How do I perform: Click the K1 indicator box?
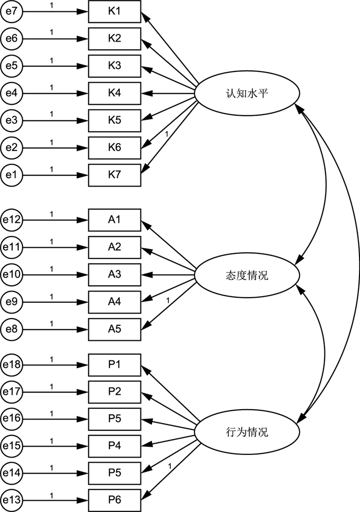(x=114, y=11)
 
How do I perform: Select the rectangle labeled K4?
(x=114, y=93)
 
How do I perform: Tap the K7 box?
(x=114, y=175)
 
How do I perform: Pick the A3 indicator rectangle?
(x=114, y=274)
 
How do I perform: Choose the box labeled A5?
(x=114, y=328)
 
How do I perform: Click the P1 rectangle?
(x=114, y=364)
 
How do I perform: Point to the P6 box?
(x=114, y=499)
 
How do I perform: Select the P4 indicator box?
(x=114, y=445)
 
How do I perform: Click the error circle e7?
(x=11, y=11)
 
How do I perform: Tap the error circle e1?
(x=11, y=175)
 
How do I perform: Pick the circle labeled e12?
(x=11, y=220)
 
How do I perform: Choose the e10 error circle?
(x=11, y=274)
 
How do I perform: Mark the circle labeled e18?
(x=11, y=364)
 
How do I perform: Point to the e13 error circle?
(x=11, y=499)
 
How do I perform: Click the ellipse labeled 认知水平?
(x=247, y=94)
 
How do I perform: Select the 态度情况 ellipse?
(x=247, y=276)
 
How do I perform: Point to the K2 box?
(x=114, y=39)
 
